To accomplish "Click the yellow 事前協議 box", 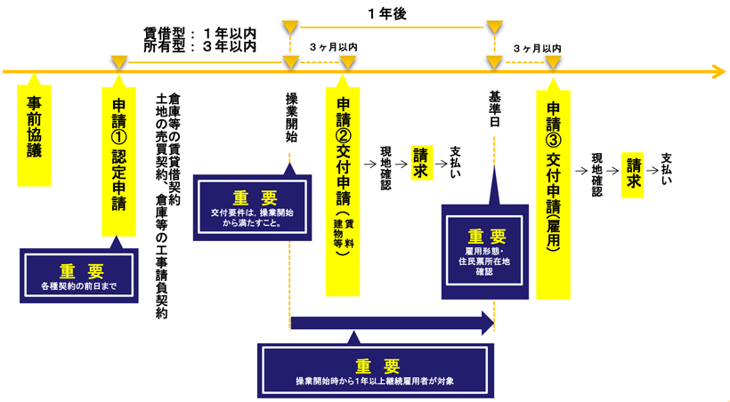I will (34, 134).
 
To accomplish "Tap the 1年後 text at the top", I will (388, 13).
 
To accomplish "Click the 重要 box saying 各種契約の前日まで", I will (79, 277).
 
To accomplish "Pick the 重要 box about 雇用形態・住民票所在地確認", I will (485, 251).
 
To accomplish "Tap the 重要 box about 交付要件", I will (253, 208).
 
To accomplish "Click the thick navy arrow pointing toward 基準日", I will (392, 322).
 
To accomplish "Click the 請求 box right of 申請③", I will (634, 167).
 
